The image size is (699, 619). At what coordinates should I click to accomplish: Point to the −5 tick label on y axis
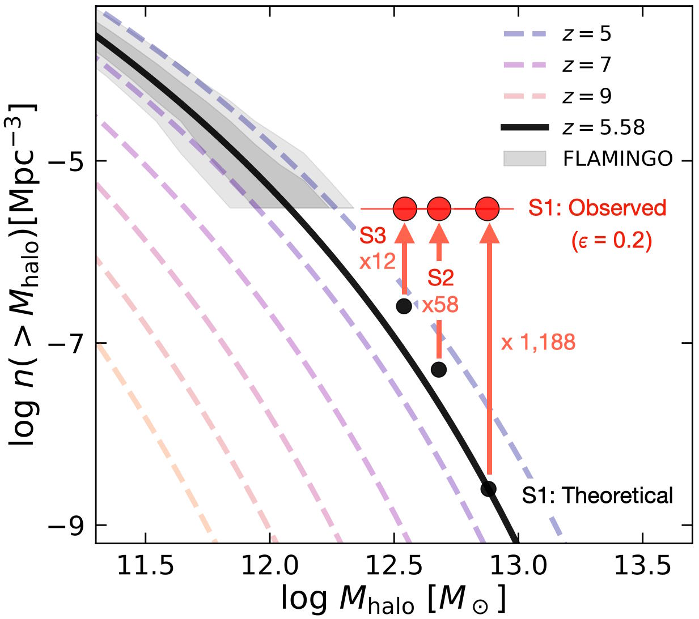pos(65,161)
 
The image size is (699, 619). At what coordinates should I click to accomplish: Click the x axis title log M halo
pos(392,599)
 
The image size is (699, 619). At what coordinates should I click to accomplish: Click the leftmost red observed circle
pos(405,209)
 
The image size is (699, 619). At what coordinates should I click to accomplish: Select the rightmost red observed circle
pos(488,209)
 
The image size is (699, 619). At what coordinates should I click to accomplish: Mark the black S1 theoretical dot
pos(488,489)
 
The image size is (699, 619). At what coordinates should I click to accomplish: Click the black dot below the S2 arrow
pos(439,370)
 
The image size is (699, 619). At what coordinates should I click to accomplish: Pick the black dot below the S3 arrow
pos(404,306)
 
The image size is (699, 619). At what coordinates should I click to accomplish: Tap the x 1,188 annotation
pos(538,342)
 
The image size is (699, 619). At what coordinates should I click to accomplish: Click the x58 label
pos(440,305)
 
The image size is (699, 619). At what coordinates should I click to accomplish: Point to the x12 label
pos(377,262)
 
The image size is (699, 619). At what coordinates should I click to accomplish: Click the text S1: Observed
pos(597,208)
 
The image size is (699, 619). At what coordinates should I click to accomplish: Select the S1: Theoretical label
pos(597,496)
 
